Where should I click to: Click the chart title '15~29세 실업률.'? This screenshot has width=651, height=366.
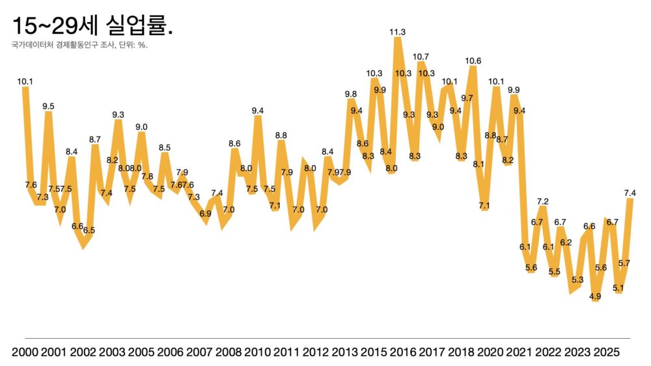(x=92, y=27)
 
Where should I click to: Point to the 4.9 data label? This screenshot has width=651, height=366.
(x=595, y=296)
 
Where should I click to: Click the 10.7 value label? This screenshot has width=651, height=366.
(x=421, y=57)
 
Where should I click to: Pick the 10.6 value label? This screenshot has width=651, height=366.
(x=473, y=61)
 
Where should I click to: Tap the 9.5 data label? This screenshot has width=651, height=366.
(x=48, y=106)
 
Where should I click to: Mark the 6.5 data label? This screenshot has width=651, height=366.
(x=89, y=230)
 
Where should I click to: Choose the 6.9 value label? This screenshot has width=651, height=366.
(x=206, y=213)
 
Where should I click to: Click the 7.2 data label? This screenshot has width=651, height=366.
(x=542, y=202)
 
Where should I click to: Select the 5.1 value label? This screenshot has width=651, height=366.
(x=618, y=288)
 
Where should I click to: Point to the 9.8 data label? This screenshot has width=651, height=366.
(x=351, y=94)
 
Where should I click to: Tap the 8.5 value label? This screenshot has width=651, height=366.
(x=165, y=148)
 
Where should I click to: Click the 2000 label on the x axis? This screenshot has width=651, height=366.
(x=25, y=352)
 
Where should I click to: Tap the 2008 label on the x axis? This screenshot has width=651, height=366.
(x=229, y=352)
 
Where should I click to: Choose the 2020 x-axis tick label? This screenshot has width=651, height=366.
(x=490, y=352)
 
